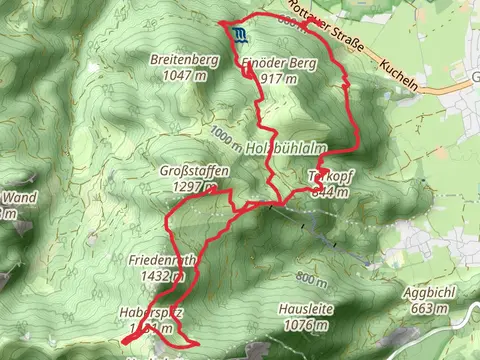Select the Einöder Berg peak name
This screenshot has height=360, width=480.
tap(271, 62)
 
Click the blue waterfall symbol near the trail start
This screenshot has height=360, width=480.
tap(240, 37)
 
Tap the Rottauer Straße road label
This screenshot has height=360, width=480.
tap(351, 40)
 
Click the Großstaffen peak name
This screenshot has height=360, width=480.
tap(195, 171)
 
